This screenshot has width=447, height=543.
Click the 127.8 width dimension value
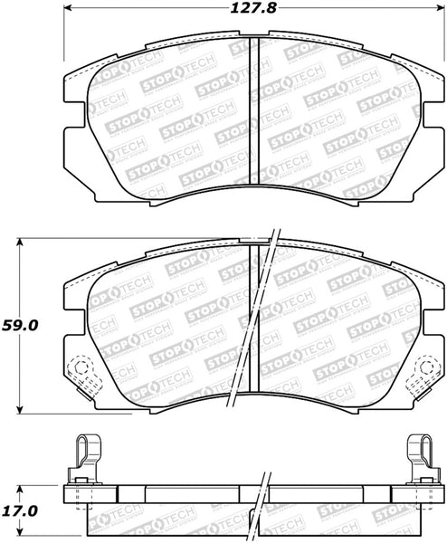253,8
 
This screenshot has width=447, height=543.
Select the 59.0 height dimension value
19,326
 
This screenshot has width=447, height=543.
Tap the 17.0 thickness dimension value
19,511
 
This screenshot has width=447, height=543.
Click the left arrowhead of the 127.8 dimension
68,7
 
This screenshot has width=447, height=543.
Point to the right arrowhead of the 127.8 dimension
441,7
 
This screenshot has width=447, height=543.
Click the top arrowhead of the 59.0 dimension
21,242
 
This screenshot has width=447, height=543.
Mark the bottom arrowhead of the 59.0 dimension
21,409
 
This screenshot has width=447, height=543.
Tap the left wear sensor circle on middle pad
81,367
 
